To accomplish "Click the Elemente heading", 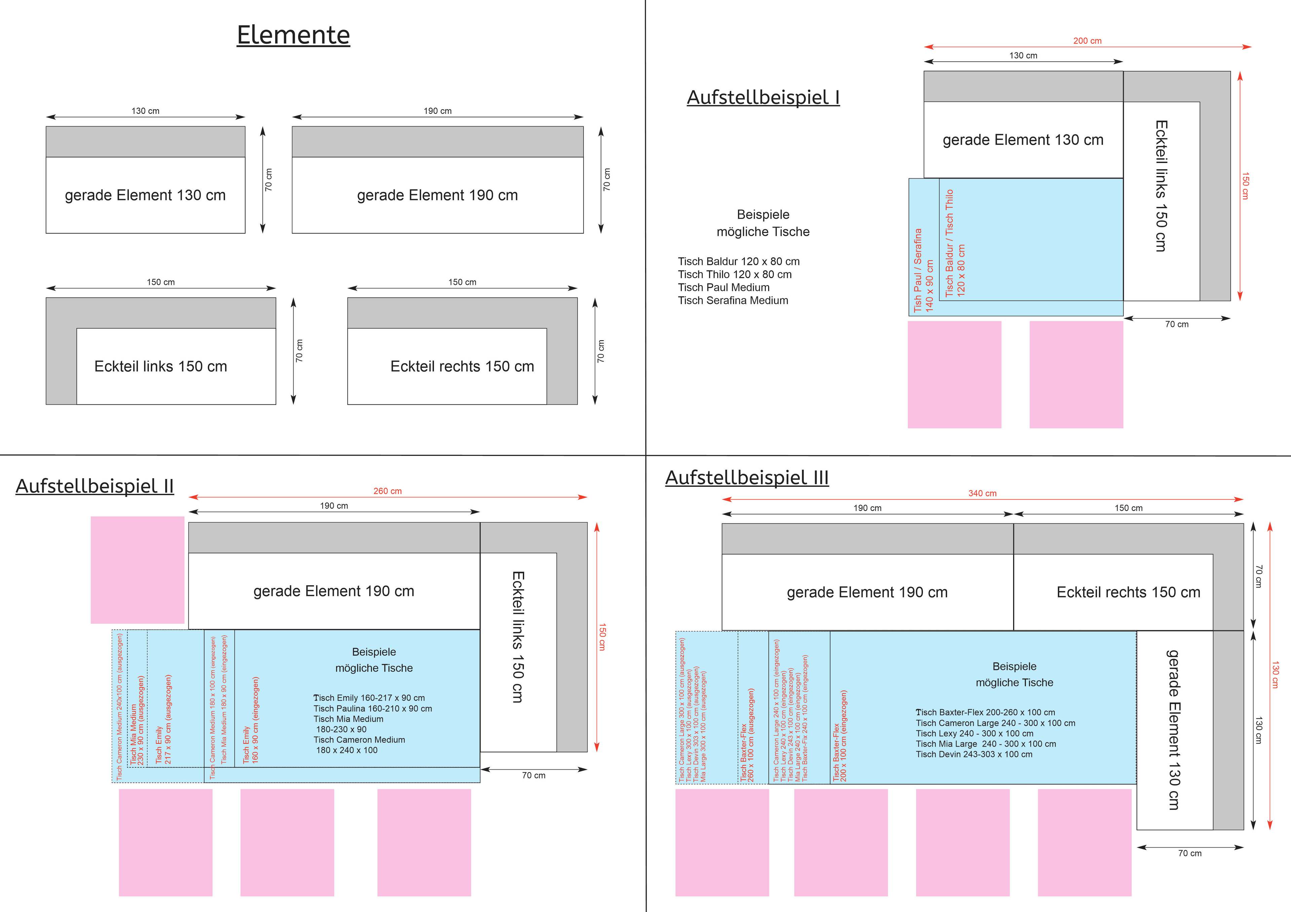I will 293,35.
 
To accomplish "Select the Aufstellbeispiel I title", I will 763,97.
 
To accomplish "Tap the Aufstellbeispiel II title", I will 94,486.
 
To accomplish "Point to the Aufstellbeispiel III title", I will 747,478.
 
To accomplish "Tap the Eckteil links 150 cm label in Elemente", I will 160,366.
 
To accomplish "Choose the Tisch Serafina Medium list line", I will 733,301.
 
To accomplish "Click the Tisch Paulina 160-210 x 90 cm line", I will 372,708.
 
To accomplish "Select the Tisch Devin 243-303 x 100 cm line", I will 973,754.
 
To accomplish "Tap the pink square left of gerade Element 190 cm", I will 137,570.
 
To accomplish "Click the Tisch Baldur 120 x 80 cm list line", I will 738,261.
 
